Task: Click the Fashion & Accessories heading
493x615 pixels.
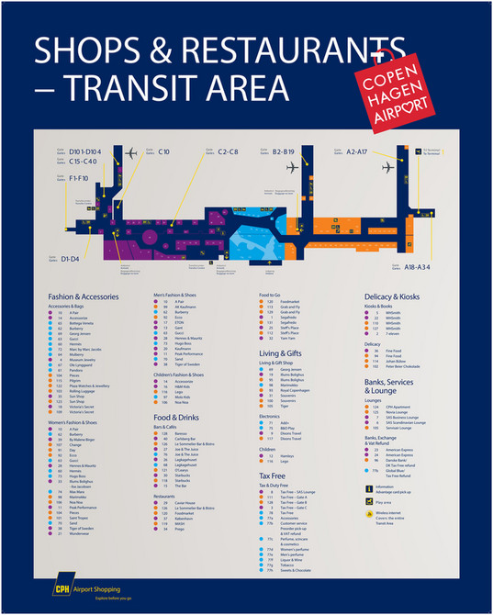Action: point(84,297)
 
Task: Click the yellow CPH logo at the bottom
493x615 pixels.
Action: point(65,585)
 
